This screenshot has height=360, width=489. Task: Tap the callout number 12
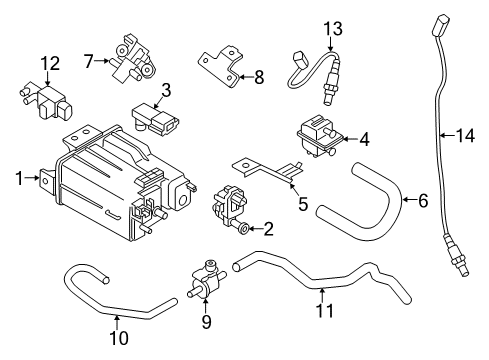pos(44,64)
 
